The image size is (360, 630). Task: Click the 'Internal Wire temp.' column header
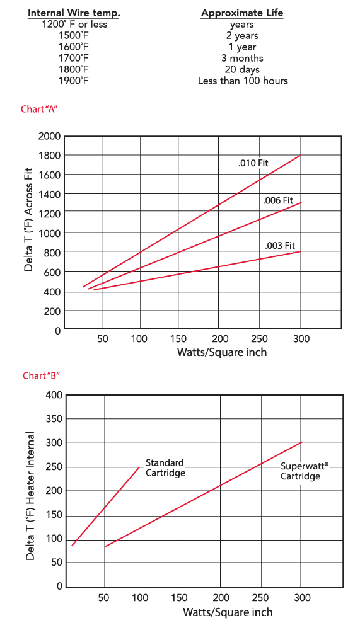[74, 13]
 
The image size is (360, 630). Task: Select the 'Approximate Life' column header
[242, 13]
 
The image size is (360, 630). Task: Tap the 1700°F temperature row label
[74, 58]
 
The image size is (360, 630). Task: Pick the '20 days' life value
[242, 69]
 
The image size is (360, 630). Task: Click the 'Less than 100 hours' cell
[242, 81]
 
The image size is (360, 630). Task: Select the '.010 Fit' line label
[253, 163]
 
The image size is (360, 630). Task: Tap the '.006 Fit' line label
[278, 200]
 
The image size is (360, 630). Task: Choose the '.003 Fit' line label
[280, 245]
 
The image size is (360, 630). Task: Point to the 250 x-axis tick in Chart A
[260, 339]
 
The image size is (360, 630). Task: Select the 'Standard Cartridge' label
[165, 467]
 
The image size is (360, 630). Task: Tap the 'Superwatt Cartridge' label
[301, 471]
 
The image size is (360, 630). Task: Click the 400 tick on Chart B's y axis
[54, 395]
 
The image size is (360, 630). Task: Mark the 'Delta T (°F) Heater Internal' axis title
[29, 496]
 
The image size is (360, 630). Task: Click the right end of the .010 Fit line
[301, 155]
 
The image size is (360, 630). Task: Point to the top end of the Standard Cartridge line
[139, 467]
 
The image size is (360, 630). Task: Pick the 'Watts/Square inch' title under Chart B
[228, 612]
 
